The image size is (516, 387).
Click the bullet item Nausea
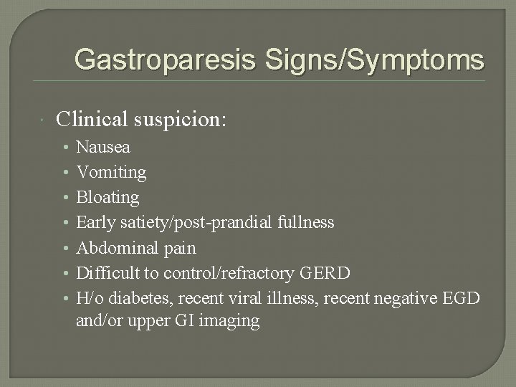tap(103, 148)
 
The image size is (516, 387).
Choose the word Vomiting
tap(111, 173)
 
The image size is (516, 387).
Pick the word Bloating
tap(108, 197)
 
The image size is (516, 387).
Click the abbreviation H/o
tap(90, 297)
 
